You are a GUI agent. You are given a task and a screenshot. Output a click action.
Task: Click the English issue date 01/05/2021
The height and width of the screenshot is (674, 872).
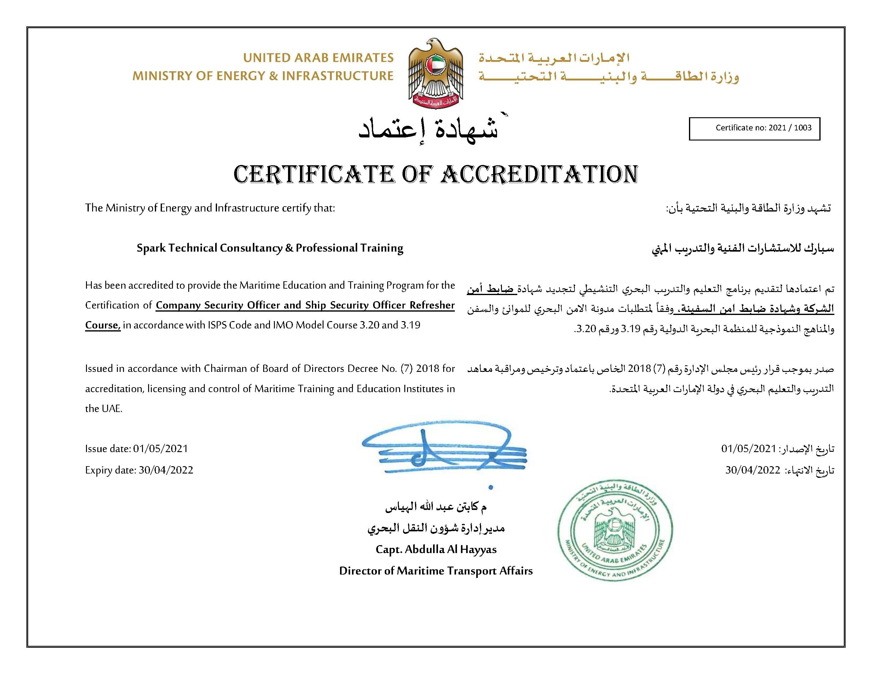point(160,449)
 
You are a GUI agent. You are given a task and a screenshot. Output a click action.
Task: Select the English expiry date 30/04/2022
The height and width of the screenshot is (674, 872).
point(166,470)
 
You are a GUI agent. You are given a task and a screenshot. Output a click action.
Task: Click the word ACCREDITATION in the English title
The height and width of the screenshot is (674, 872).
point(539,175)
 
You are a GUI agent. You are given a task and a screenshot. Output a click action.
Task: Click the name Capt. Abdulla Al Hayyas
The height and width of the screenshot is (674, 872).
point(436,550)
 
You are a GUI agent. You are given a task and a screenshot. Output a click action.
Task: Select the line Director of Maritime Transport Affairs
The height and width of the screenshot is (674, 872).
point(436,571)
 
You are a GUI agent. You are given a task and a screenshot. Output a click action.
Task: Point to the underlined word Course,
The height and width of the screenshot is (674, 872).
point(103,325)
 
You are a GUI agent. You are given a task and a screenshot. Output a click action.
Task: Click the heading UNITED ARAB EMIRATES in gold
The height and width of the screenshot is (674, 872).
point(318,58)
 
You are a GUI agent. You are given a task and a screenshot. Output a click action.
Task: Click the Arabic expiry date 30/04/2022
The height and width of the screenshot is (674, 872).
point(753,470)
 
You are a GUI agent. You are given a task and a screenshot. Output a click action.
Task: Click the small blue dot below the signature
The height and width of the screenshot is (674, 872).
point(491,487)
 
